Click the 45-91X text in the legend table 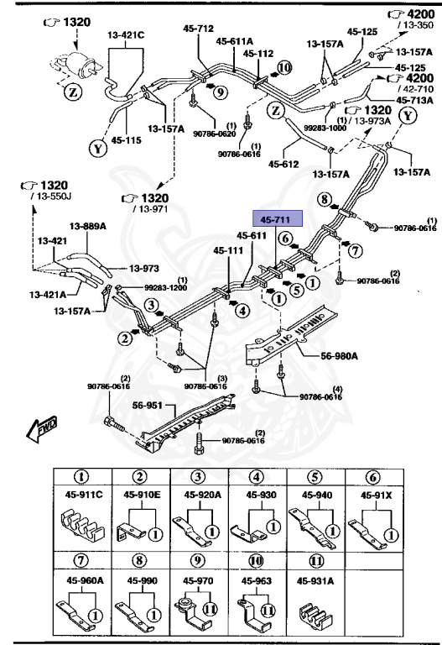[377, 495]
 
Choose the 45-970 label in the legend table [196, 579]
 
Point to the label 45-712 [200, 28]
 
